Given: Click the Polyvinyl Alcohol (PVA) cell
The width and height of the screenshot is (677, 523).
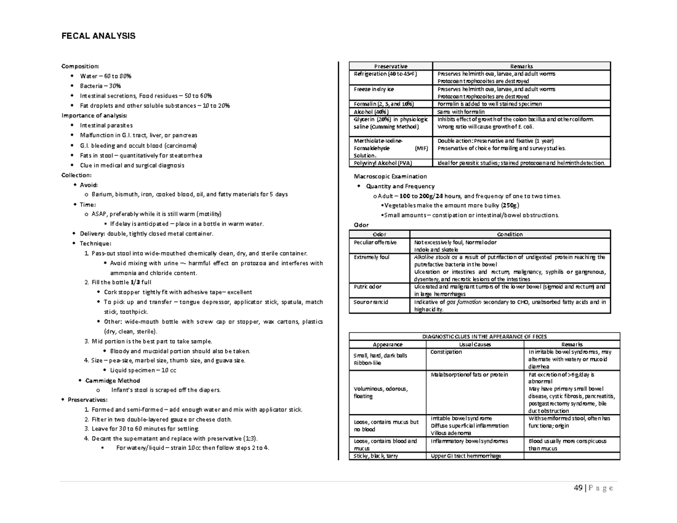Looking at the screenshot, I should click(x=383, y=163).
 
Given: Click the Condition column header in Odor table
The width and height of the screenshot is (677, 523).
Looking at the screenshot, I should click(x=509, y=235).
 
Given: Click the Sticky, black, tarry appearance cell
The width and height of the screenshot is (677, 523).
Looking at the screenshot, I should click(x=376, y=456).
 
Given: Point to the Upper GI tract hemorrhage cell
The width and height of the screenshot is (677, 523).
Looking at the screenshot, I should click(x=465, y=456).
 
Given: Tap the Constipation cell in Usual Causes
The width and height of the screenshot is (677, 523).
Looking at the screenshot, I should click(x=446, y=352).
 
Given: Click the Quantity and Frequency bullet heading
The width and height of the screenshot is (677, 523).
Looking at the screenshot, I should click(x=400, y=186).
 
